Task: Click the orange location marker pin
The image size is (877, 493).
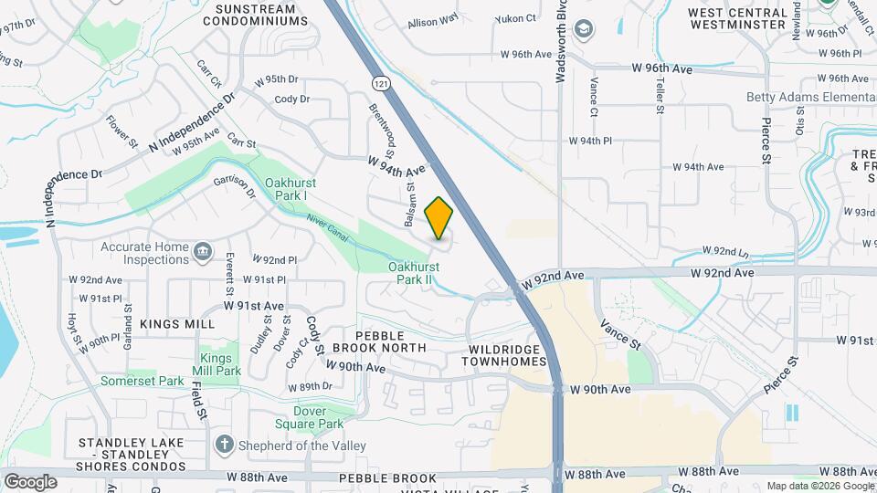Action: pyautogui.click(x=438, y=218)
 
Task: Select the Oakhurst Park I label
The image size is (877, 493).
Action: pyautogui.click(x=299, y=189)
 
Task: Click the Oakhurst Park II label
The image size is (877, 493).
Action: pyautogui.click(x=414, y=273)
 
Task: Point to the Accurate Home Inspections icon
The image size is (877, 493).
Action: pyautogui.click(x=202, y=249)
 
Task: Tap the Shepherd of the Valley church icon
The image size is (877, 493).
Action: pyautogui.click(x=224, y=445)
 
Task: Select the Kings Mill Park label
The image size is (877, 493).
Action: pyautogui.click(x=217, y=364)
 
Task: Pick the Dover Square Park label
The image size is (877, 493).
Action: pyautogui.click(x=310, y=416)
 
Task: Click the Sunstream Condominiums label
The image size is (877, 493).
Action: pyautogui.click(x=248, y=14)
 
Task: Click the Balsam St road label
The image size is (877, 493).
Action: pyautogui.click(x=409, y=207)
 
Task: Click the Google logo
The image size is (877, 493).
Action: pyautogui.click(x=30, y=481)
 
